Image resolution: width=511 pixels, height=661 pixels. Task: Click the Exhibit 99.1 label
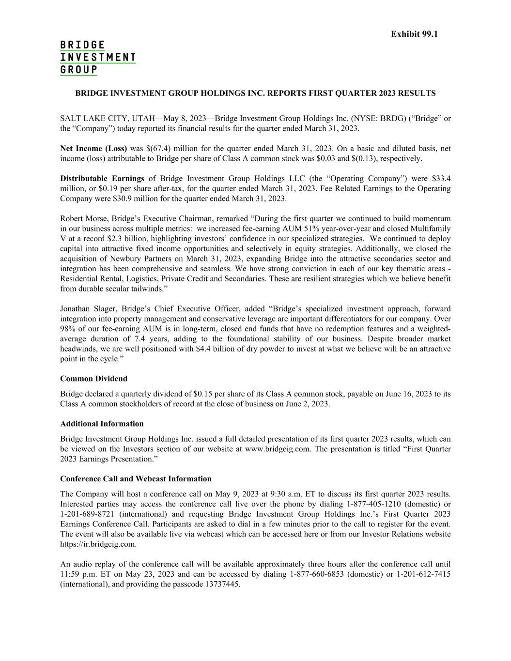pyautogui.click(x=414, y=34)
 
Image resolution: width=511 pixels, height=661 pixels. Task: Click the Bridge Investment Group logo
pyautogui.click(x=97, y=58)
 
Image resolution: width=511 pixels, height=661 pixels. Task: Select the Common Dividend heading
pyautogui.click(x=93, y=379)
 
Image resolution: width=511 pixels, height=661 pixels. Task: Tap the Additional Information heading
pyautogui.click(x=102, y=424)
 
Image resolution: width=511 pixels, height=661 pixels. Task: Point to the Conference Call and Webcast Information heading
pyautogui.click(x=136, y=479)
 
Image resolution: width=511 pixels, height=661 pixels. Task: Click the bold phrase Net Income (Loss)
pyautogui.click(x=93, y=149)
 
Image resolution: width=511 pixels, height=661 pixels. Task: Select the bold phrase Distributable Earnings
pyautogui.click(x=102, y=179)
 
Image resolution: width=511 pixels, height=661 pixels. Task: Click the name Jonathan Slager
pyautogui.click(x=89, y=309)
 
